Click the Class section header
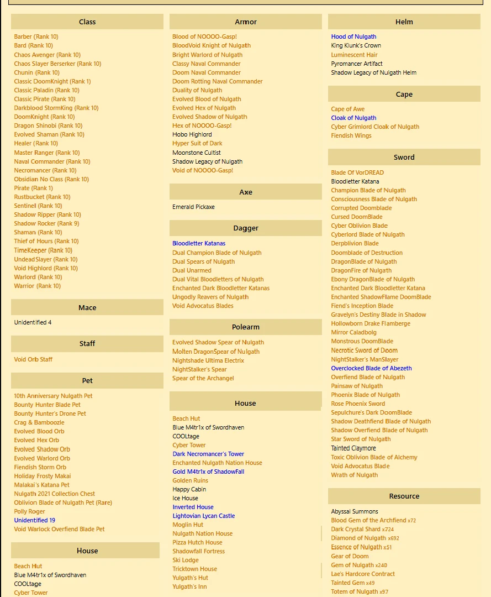[87, 22]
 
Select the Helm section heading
[404, 22]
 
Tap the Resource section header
[404, 496]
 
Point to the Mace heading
[87, 308]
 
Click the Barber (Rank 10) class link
[36, 37]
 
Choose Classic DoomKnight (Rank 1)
[52, 81]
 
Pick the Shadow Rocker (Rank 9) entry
[46, 223]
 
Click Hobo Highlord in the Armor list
[192, 134]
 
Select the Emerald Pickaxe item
[193, 207]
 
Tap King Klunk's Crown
[356, 46]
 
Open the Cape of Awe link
[347, 109]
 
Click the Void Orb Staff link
[33, 359]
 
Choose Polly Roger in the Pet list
[29, 511]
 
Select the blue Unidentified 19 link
[34, 520]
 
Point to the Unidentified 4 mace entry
[33, 322]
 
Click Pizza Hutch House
[197, 542]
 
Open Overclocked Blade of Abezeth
[371, 368]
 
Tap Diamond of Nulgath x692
[365, 538]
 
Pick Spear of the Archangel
[203, 378]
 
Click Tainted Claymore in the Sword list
[353, 448]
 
